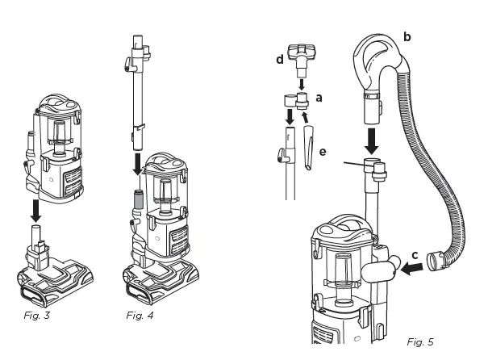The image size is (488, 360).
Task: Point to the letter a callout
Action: tap(319, 97)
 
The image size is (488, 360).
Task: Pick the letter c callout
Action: tap(415, 256)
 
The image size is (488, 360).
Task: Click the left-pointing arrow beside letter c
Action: tap(411, 273)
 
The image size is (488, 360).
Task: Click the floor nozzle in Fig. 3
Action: tap(53, 274)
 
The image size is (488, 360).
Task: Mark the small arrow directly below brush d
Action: tap(302, 82)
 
